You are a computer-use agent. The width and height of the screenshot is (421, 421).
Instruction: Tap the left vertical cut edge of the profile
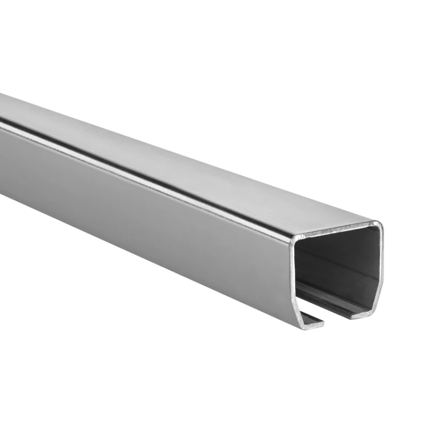292,281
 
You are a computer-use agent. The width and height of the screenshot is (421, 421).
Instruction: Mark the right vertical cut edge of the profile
382,264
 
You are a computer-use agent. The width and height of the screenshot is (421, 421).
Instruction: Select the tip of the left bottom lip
323,323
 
